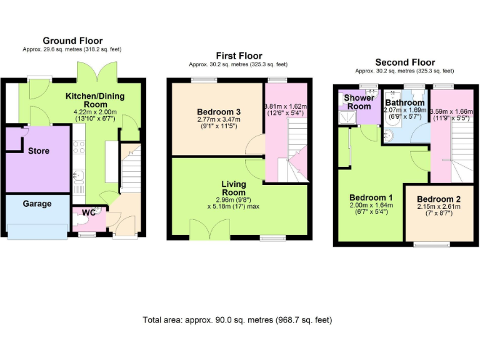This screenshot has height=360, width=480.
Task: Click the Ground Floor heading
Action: click(72, 41)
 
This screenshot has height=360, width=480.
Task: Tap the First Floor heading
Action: click(239, 56)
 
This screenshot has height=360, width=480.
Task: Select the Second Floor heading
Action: click(404, 62)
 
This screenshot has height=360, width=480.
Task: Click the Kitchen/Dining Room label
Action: click(96, 100)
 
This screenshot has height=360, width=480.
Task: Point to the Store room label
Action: click(39, 151)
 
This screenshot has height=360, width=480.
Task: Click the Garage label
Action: click(37, 204)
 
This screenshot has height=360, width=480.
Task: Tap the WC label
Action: click(88, 212)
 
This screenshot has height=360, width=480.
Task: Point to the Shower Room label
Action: click(359, 102)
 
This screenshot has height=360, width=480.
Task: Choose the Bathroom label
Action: click(404, 102)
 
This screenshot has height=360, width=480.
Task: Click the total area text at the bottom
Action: click(237, 320)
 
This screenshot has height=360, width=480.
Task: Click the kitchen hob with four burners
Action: click(79, 147)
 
